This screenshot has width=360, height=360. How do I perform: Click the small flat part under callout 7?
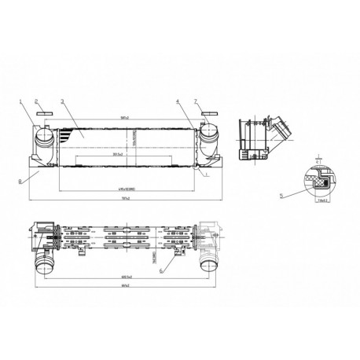click(x=209, y=114)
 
